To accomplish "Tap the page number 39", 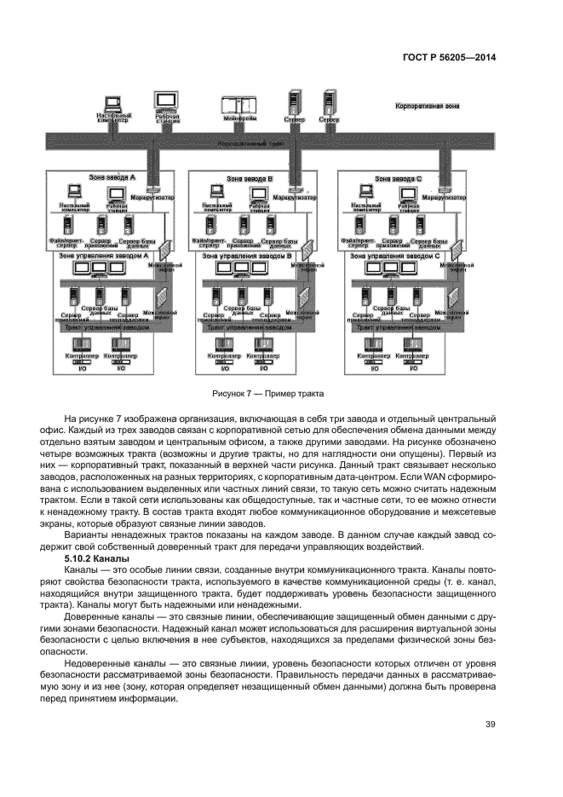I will click(490, 725).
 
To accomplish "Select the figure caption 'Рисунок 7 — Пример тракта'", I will click(269, 393).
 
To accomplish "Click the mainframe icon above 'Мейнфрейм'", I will click(239, 106).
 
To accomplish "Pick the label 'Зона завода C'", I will click(399, 179).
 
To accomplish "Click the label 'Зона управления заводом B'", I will click(247, 255).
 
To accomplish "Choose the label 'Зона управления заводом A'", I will click(104, 255).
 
